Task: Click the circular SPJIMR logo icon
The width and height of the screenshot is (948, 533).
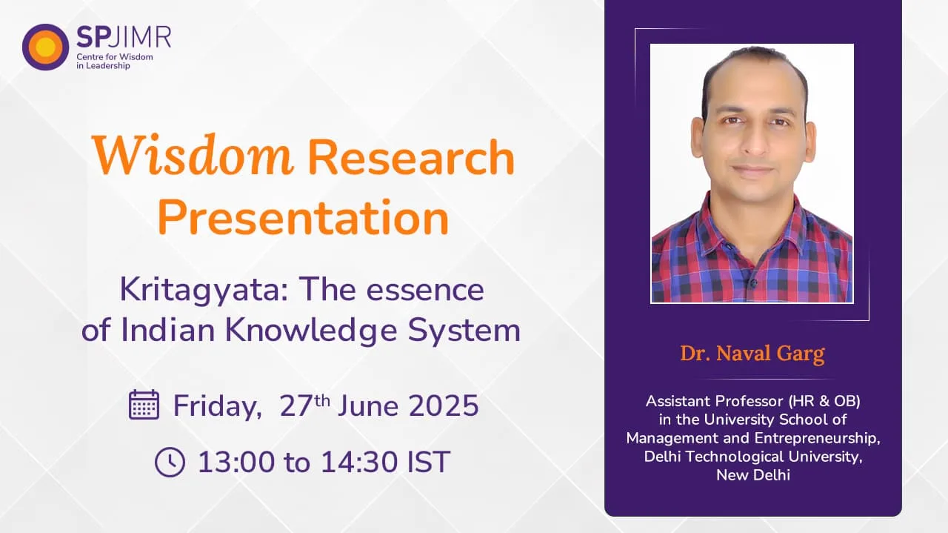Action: point(45,47)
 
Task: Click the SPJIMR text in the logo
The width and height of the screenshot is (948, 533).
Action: point(123,36)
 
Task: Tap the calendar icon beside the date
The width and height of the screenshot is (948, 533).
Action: point(144,405)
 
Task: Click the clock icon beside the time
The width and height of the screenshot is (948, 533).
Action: point(170,462)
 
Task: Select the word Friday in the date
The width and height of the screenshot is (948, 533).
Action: point(216,406)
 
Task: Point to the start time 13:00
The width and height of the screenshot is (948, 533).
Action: point(236,462)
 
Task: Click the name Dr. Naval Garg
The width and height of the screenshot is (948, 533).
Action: point(752,354)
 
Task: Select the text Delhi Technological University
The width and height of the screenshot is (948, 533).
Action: point(752,457)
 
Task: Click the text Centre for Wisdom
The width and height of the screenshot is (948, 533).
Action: point(113,56)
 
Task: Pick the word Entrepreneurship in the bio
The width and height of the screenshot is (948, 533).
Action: point(815,438)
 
